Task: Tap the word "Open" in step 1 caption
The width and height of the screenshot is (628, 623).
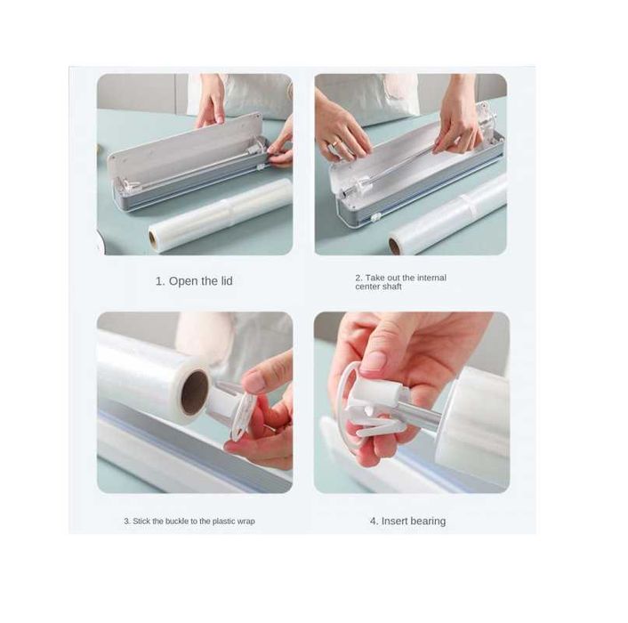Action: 184,281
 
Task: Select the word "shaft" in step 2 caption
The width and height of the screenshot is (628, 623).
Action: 391,287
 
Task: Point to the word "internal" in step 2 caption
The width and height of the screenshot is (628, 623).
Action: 431,278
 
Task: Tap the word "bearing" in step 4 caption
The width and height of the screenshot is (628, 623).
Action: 428,522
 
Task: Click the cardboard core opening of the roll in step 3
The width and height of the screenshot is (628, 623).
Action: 195,392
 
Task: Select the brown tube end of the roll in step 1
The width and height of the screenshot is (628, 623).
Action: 153,239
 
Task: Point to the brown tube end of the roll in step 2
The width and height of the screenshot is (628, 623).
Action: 395,246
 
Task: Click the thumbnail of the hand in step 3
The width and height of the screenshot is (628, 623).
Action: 256,382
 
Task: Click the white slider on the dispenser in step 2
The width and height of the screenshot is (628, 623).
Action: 375,218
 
